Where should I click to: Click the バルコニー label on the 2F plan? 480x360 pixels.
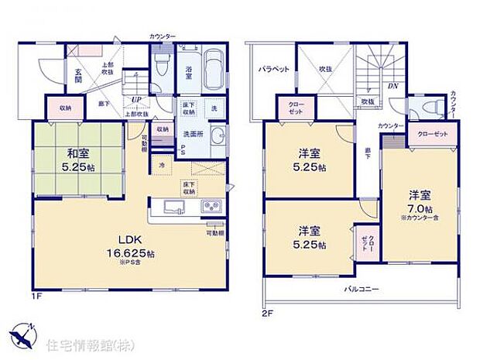coord(361,290)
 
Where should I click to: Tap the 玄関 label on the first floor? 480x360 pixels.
coord(79,77)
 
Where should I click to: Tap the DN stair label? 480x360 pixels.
coord(393,87)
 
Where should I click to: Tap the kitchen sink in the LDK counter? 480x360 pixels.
coord(172,207)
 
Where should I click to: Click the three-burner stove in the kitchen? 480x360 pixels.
coord(210,207)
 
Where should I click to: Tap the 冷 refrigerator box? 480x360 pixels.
coord(163,165)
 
